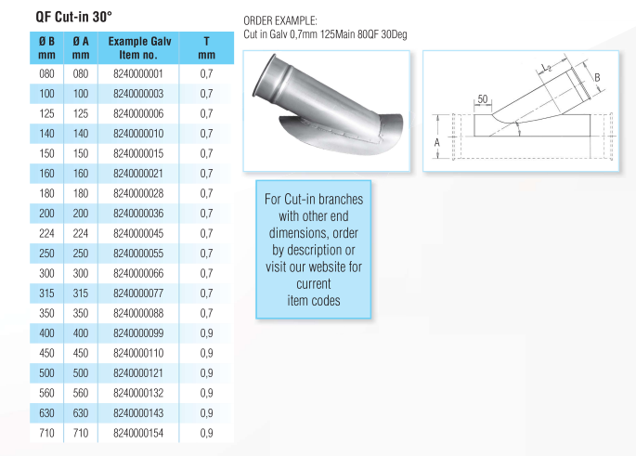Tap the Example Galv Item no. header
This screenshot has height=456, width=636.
click(139, 48)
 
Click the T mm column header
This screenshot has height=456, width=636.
click(206, 48)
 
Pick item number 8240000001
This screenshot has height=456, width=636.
click(137, 73)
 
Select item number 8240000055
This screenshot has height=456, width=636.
click(137, 253)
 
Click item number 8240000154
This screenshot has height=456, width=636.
click(137, 433)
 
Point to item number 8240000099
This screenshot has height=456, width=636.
click(137, 332)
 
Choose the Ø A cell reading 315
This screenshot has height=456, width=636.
click(81, 293)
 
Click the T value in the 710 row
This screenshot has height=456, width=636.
click(206, 433)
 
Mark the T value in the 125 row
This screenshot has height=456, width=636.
click(206, 113)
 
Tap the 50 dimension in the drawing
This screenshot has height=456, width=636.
click(482, 98)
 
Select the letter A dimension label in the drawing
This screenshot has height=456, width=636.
click(436, 142)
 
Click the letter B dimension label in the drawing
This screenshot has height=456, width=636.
click(598, 78)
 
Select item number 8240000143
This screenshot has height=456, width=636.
click(137, 413)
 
